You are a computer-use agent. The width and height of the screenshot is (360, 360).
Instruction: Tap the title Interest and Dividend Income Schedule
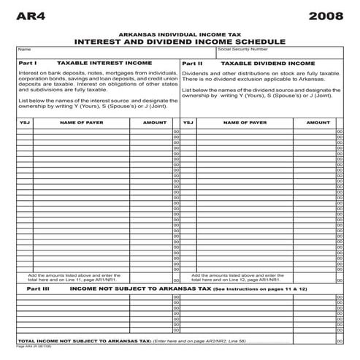click(x=180, y=42)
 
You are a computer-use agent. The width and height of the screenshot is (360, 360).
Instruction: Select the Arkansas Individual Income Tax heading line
click(x=180, y=34)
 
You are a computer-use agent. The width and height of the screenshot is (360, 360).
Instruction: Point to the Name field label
click(x=23, y=50)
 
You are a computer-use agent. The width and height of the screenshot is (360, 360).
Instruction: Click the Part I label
click(x=27, y=64)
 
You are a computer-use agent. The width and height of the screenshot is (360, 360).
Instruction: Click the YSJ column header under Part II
click(x=188, y=123)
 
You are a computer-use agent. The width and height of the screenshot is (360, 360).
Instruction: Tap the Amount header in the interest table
click(x=154, y=123)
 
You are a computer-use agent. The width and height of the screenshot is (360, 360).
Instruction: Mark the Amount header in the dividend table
click(x=318, y=123)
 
